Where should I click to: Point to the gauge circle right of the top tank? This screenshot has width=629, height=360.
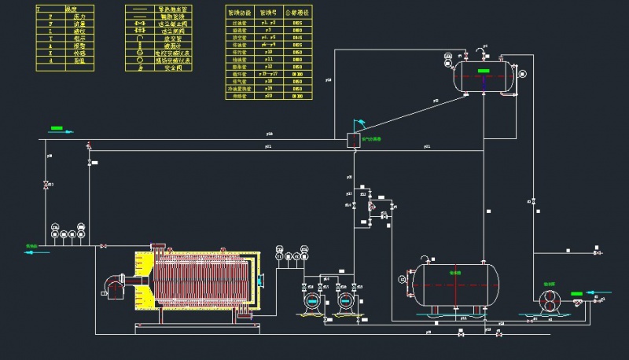tap(521, 74)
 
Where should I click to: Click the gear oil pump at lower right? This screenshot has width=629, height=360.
tap(549, 299)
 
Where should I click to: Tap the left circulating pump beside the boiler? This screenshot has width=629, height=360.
tap(312, 300)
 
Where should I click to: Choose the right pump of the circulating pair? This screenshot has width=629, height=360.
tap(344, 300)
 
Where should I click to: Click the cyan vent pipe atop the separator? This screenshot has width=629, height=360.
tap(359, 122)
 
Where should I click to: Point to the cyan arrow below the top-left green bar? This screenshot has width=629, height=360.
tap(57, 133)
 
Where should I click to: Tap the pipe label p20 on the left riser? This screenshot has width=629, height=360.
tap(50, 156)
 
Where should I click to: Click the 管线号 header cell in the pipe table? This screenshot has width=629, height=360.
tap(268, 13)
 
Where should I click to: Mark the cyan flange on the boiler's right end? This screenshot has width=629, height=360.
tap(261, 279)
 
